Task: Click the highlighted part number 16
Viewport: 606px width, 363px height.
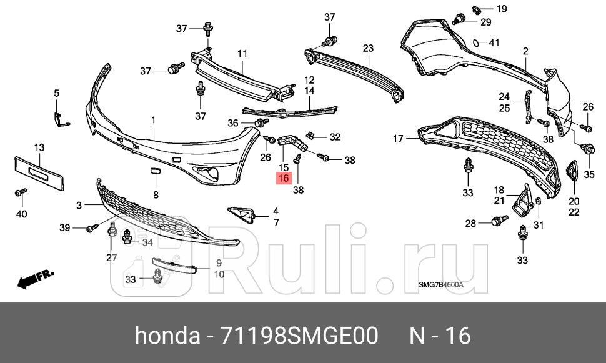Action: pos(283,179)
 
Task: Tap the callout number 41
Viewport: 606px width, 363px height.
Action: pos(494,43)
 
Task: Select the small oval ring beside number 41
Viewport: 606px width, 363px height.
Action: pos(477,43)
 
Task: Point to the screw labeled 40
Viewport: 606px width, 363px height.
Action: pos(20,193)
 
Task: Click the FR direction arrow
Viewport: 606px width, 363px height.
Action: pos(36,279)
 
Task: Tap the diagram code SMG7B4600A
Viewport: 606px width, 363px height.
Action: pos(440,286)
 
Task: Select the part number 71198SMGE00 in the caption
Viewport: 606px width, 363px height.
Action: pos(298,336)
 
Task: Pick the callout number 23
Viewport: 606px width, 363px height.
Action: pos(367,48)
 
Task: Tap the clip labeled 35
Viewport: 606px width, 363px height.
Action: pos(588,149)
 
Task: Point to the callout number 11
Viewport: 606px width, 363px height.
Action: pos(242,54)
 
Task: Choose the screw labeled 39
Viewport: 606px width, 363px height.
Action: pos(92,228)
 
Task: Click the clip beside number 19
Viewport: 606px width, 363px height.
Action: pos(476,9)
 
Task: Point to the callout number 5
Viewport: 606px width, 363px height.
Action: pos(56,94)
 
